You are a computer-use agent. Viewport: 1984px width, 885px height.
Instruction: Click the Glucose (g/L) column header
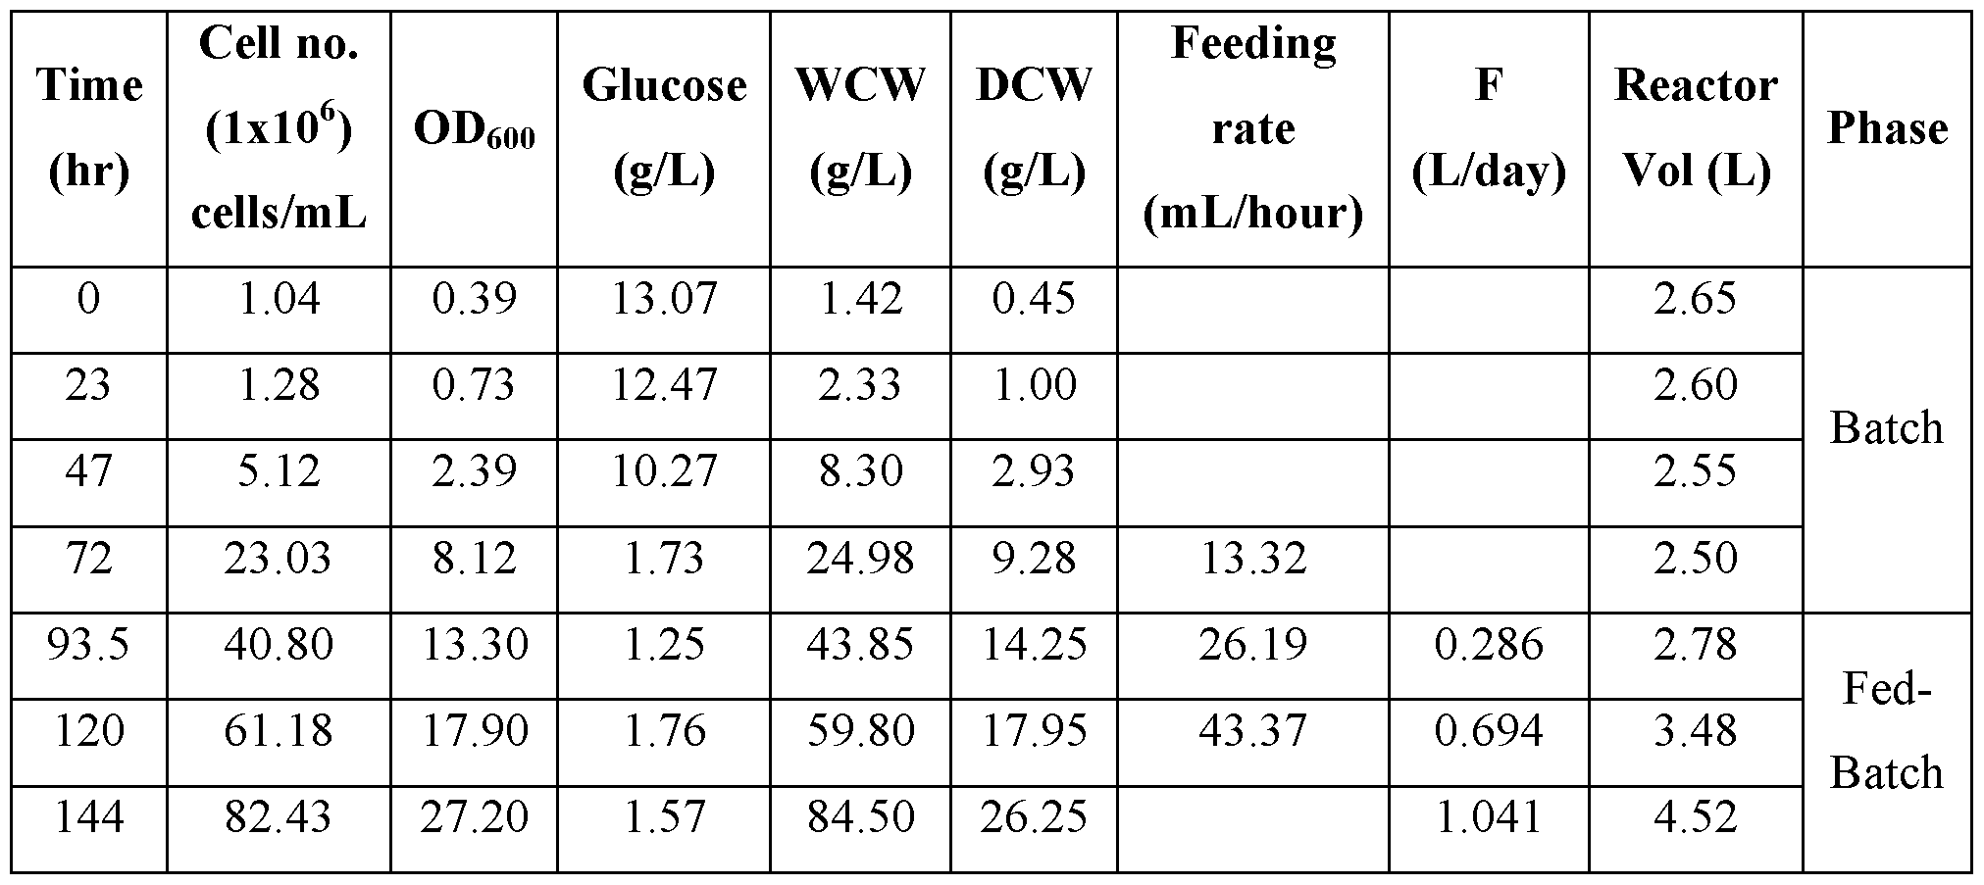[664, 129]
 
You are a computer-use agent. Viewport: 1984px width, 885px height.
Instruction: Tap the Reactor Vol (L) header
[1696, 129]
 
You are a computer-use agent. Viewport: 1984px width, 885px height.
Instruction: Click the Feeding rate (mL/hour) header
[1253, 129]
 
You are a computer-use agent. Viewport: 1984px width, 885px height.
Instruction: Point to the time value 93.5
[88, 645]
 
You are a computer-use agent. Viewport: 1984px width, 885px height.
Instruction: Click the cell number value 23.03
[279, 559]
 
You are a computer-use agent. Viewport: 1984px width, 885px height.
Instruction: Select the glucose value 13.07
[664, 298]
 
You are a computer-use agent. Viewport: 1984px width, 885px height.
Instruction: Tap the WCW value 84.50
[860, 817]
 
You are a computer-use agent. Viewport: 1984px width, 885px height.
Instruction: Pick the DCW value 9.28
[1034, 559]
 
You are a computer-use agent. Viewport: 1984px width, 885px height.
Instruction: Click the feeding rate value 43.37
[1253, 731]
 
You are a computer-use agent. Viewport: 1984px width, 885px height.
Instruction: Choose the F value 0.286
[1489, 645]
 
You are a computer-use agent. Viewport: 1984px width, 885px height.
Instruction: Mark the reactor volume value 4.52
[1696, 817]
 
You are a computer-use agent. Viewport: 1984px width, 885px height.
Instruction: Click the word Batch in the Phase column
[1887, 428]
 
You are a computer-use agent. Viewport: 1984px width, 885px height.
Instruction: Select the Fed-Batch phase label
[1887, 731]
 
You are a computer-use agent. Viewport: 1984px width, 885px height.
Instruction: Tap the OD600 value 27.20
[475, 817]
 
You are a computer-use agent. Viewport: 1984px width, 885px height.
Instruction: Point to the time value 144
[88, 817]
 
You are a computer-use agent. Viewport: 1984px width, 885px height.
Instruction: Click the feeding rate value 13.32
[1253, 559]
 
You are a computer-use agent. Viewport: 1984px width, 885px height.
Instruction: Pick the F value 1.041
[1489, 817]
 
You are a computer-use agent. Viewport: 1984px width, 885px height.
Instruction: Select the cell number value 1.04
[279, 298]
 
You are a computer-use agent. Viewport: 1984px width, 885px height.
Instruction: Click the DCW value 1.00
[1034, 384]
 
